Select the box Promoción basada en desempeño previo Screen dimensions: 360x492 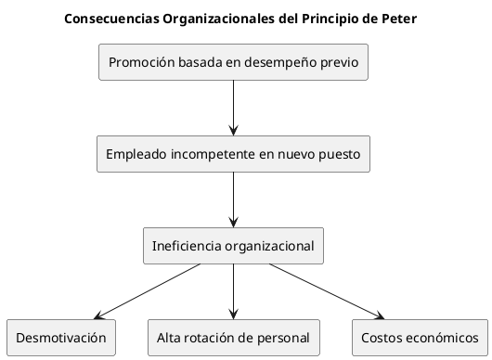point(233,63)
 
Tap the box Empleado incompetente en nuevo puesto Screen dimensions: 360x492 point(233,154)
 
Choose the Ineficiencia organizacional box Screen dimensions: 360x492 point(233,246)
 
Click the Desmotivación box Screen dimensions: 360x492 point(61,338)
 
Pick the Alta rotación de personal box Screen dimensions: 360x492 point(233,338)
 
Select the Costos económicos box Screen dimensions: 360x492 point(421,338)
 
